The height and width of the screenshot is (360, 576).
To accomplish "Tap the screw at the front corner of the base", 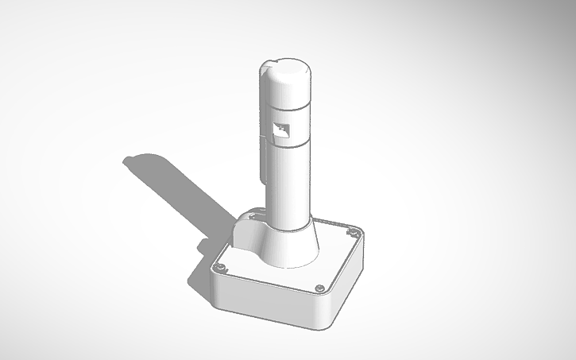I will pyautogui.click(x=319, y=287).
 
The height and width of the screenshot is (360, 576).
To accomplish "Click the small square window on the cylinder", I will pyautogui.click(x=280, y=132).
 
